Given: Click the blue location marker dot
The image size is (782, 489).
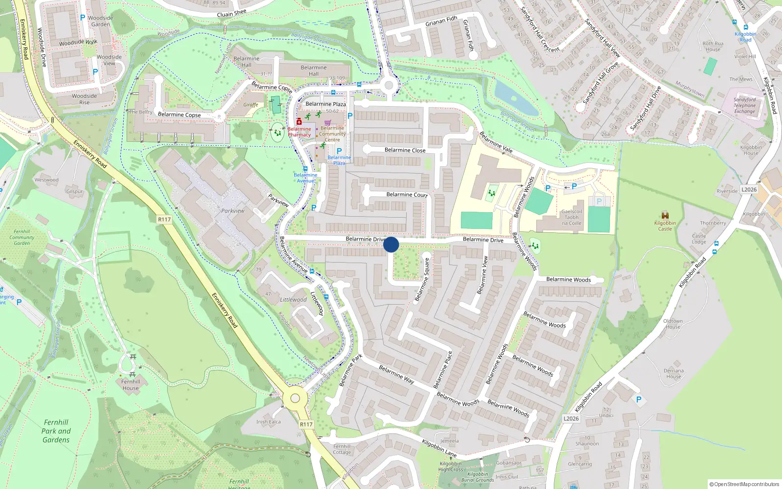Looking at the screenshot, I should point(391,244).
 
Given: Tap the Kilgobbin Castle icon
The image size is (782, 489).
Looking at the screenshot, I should point(665,215).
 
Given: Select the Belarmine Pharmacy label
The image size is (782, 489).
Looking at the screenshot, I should point(299,132).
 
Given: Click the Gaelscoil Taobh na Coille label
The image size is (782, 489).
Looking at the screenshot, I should point(571,218).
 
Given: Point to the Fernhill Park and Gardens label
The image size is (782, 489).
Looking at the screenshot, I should point(56,431).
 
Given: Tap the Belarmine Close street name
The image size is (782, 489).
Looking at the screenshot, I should point(405,150).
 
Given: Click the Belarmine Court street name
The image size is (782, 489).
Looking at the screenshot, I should point(407,195).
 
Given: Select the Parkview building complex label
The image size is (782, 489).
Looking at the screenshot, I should point(233,211).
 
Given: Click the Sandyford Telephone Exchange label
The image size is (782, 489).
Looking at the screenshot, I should point(744,106).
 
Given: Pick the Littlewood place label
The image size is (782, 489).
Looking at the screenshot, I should point(293,300).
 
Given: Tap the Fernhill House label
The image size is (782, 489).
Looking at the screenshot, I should point(130,385).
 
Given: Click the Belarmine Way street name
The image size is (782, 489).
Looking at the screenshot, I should point(396,375).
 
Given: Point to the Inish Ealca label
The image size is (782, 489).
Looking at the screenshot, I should point(268,422).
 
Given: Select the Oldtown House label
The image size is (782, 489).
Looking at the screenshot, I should point(673,324).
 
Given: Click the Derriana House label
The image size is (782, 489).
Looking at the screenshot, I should point(673,374).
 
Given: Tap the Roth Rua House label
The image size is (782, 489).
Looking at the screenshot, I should point(713,46).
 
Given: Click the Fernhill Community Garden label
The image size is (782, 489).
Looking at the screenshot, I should point(22,237).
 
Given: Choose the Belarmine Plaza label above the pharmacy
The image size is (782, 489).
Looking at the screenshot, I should point(326,104).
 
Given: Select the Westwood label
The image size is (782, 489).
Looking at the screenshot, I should point(46,180).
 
